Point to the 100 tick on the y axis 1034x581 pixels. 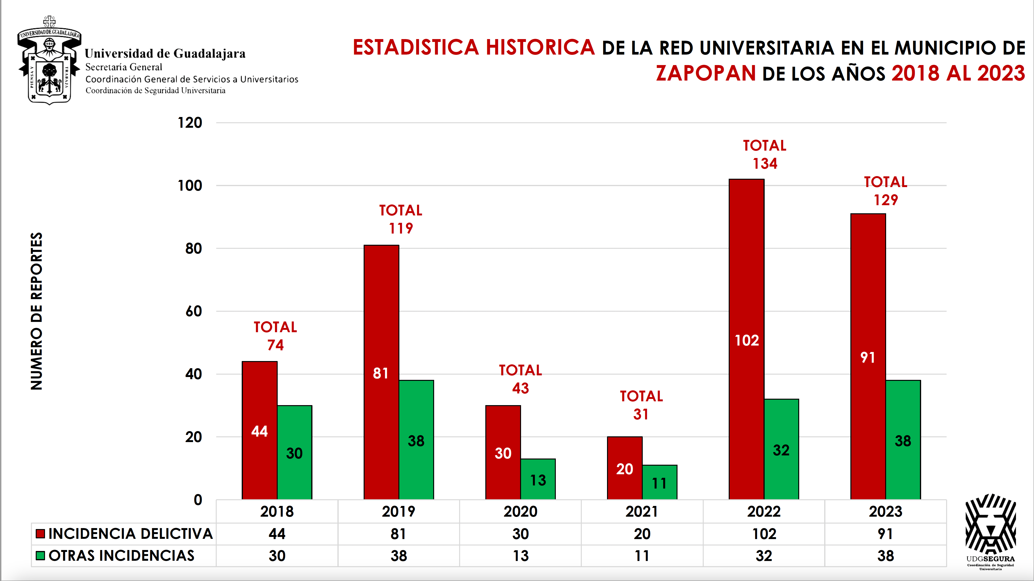[190, 186]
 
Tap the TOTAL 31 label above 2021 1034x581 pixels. [641, 405]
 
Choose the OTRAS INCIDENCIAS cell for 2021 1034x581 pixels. [642, 556]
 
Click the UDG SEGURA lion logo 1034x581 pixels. [990, 526]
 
